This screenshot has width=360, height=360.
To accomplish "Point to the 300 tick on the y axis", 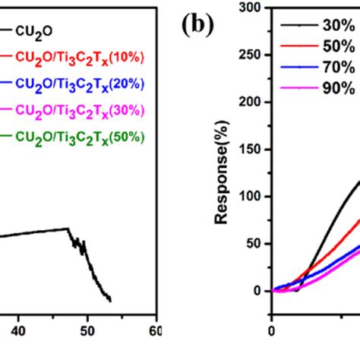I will pyautogui.click(x=250, y=8).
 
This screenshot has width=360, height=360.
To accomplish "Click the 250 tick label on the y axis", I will pyautogui.click(x=250, y=55).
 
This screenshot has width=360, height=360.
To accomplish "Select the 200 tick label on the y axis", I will pyautogui.click(x=250, y=103).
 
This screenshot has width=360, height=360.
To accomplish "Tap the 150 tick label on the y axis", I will pyautogui.click(x=250, y=150).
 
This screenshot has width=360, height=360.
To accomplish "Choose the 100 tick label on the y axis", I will pyautogui.click(x=250, y=197).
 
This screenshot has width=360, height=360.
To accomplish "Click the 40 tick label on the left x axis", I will pyautogui.click(x=19, y=331).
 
